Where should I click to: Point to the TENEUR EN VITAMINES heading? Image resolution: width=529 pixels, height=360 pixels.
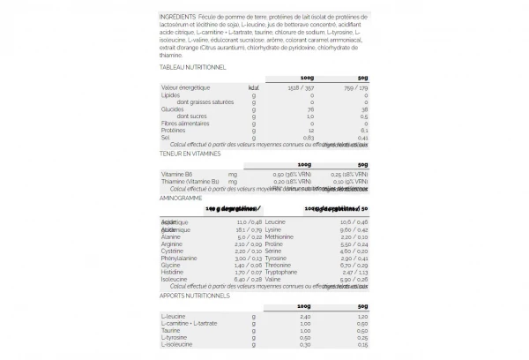(190, 153)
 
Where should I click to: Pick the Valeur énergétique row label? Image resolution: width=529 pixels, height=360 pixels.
(185, 88)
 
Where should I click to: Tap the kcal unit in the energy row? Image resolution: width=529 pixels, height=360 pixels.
(254, 88)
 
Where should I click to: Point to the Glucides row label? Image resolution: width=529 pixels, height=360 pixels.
(173, 109)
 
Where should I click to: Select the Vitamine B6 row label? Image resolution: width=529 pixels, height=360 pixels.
(177, 175)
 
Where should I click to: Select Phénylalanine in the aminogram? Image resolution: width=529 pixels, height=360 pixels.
(180, 257)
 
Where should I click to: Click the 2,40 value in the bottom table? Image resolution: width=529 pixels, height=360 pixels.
(308, 316)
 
